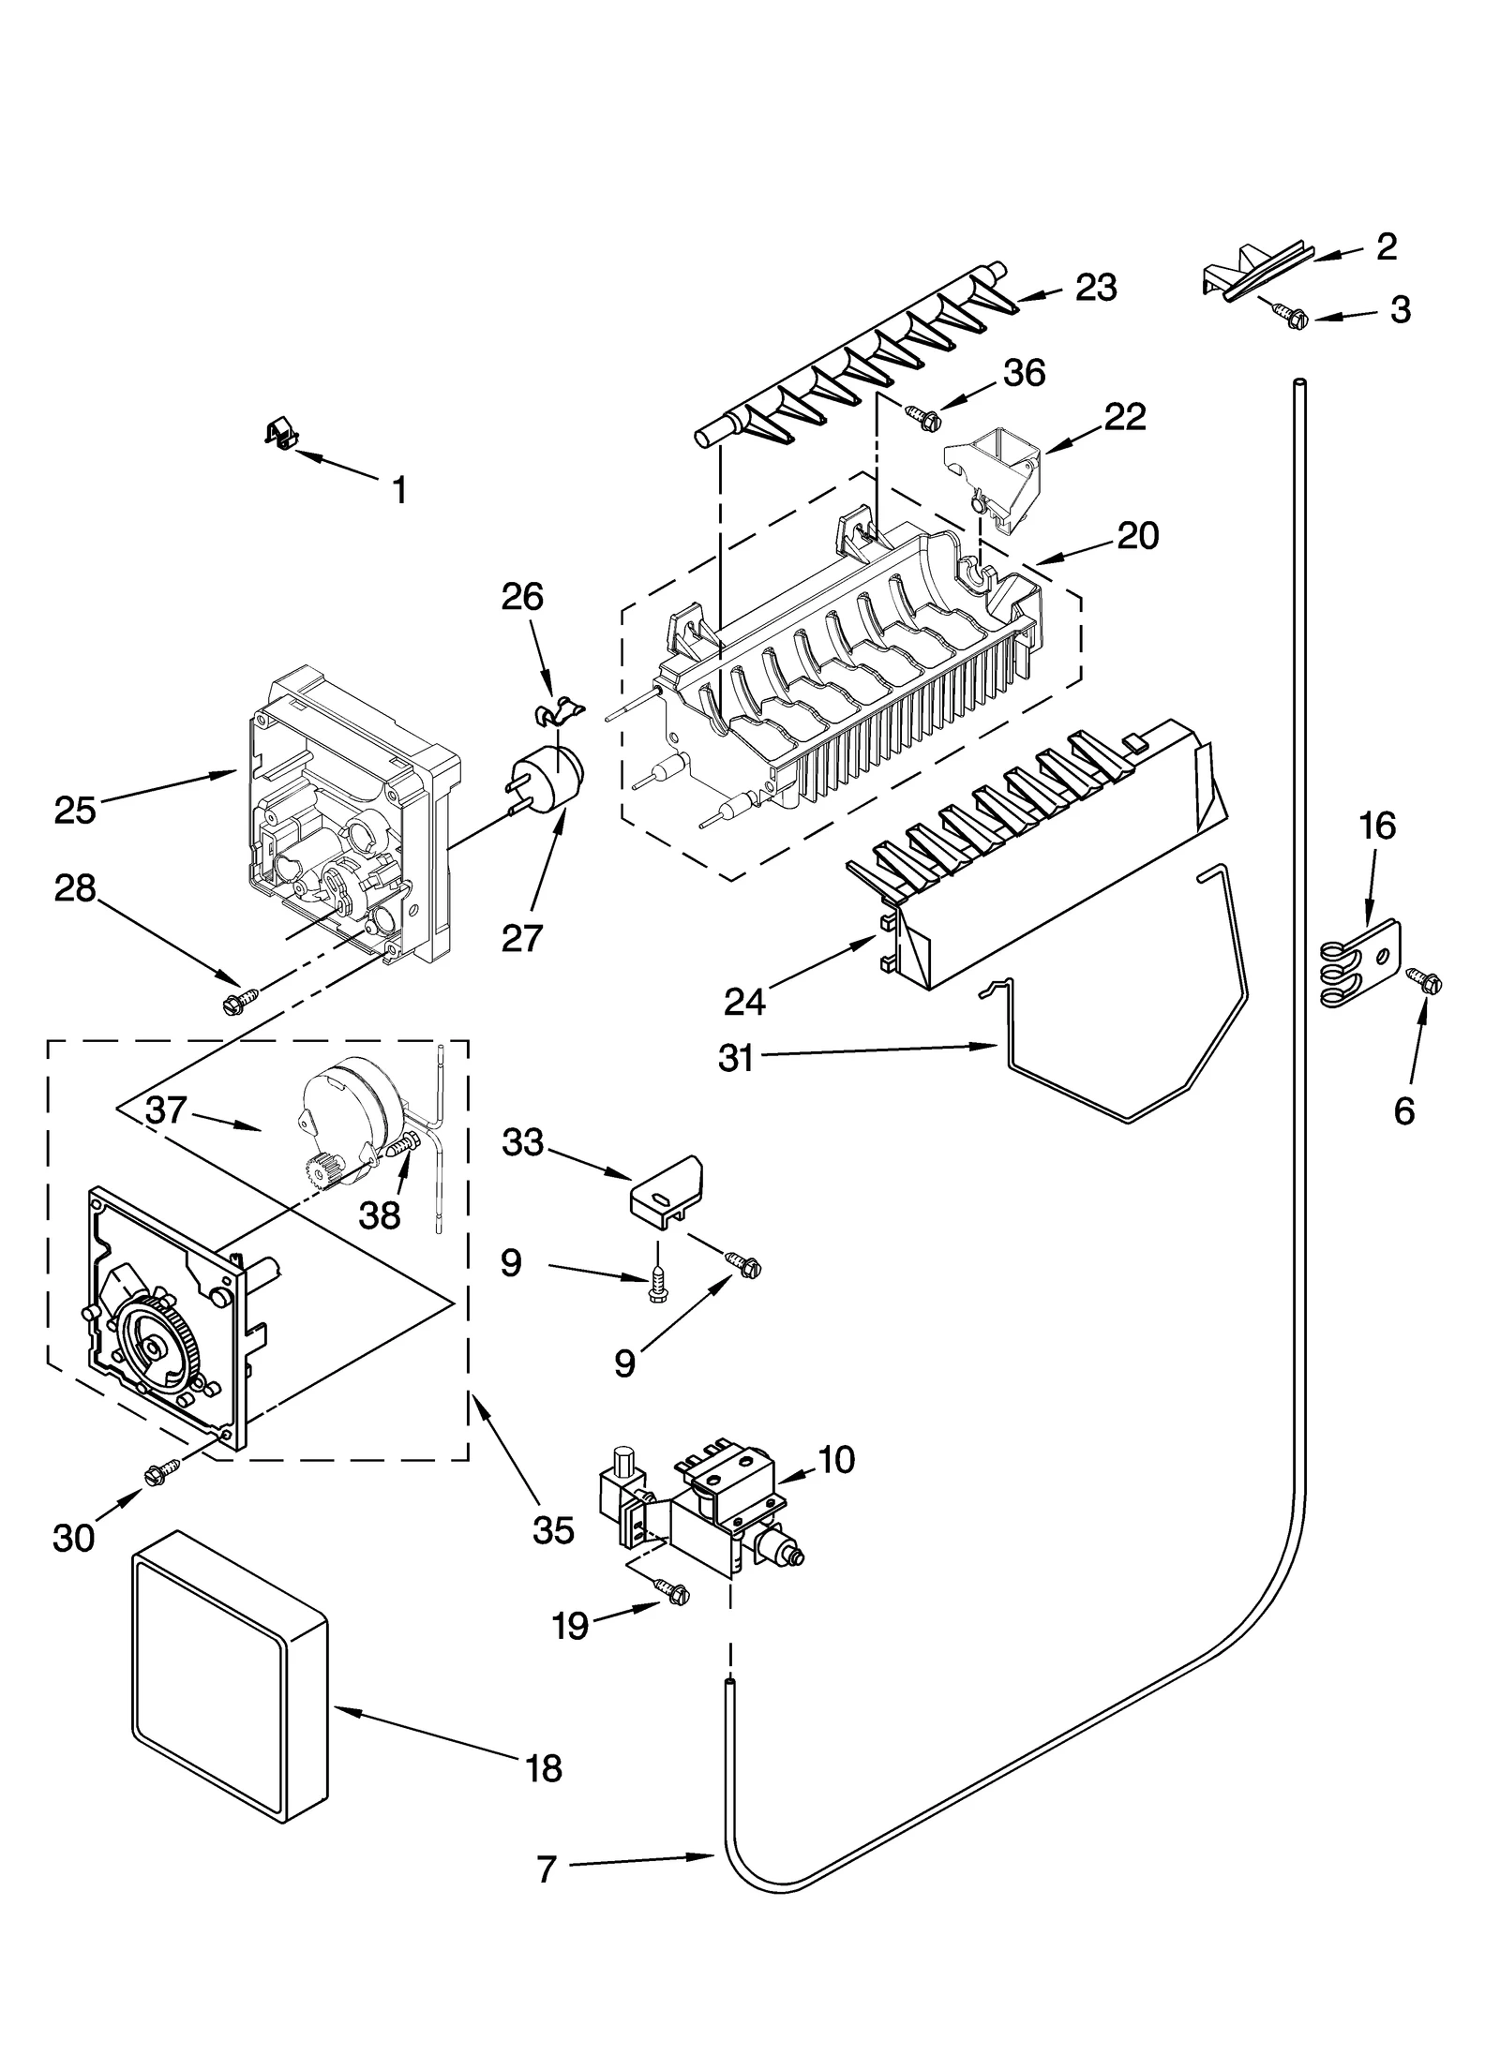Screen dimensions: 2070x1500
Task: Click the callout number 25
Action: tap(74, 811)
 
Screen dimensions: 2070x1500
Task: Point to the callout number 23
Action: tap(1095, 289)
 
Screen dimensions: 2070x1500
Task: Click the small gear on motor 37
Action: tap(322, 1173)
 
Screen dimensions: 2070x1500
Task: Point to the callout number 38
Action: tap(379, 1215)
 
